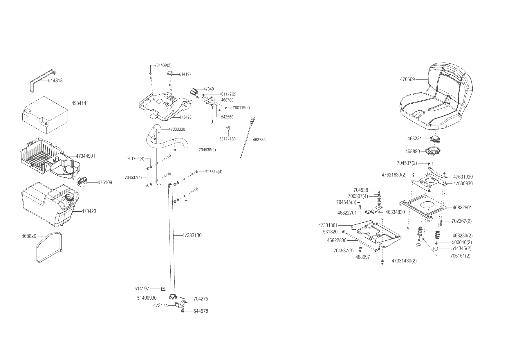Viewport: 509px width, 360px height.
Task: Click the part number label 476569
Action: [407, 79]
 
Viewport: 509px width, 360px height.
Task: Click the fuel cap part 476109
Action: [82, 181]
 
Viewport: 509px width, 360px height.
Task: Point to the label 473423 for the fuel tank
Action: [89, 211]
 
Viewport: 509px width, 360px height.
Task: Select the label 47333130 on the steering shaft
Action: [192, 235]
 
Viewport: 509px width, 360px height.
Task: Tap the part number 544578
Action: [201, 311]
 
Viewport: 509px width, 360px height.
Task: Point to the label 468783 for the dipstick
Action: [259, 140]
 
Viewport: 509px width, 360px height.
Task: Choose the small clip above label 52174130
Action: [228, 129]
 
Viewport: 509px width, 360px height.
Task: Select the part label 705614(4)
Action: [214, 172]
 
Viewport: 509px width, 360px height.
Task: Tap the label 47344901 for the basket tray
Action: [86, 156]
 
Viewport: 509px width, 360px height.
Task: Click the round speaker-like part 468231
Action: [435, 139]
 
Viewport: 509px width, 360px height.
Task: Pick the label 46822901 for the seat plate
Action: [462, 208]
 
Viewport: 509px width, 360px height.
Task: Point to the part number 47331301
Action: [328, 225]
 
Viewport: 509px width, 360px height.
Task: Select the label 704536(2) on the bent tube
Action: [207, 150]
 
